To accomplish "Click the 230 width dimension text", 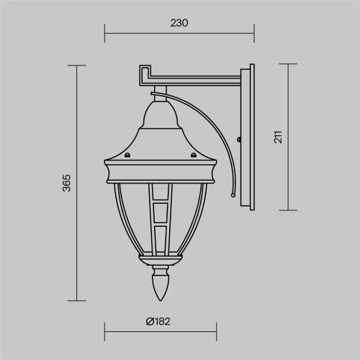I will coord(179,22).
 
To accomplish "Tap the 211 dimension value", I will coord(277,137).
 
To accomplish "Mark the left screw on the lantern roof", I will coord(128,154).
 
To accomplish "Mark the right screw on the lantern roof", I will coord(193,154).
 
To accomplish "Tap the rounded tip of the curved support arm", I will coord(233,194).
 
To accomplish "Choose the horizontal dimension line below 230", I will coord(179,31).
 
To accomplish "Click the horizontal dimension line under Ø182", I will coord(161,332).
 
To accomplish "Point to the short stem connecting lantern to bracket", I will coord(159,92).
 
